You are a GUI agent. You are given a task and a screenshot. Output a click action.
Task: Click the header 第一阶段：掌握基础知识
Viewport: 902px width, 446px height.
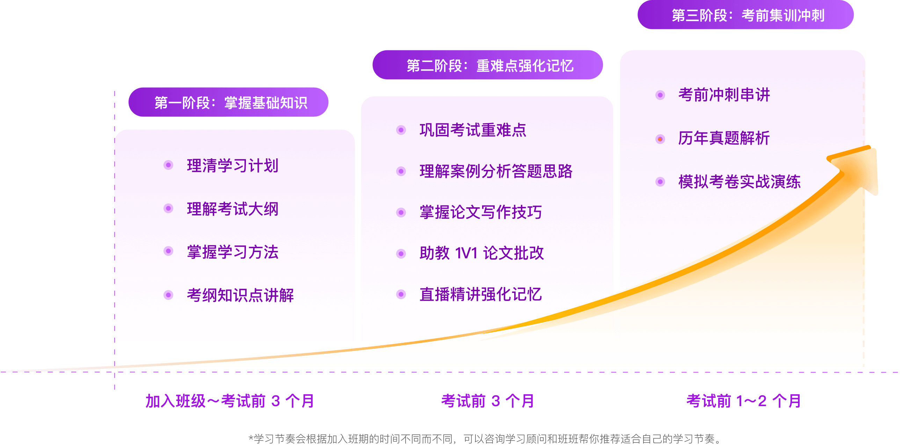(x=231, y=103)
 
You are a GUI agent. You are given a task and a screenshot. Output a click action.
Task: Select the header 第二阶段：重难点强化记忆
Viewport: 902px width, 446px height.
(x=490, y=65)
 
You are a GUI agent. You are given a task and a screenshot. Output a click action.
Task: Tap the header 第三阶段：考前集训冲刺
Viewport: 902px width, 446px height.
(x=748, y=15)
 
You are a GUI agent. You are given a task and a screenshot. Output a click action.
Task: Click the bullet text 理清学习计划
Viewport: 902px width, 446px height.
(x=233, y=165)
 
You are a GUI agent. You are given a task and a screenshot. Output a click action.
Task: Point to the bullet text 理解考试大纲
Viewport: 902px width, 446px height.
(x=233, y=209)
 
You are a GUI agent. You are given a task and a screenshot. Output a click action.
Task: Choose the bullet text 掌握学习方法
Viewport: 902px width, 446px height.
(x=233, y=252)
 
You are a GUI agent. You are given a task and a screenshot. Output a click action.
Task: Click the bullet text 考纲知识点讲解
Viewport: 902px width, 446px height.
(x=240, y=295)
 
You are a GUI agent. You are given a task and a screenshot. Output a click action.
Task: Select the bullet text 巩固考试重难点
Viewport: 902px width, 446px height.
(x=473, y=130)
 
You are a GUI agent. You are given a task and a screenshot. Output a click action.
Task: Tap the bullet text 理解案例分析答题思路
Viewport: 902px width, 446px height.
(x=496, y=171)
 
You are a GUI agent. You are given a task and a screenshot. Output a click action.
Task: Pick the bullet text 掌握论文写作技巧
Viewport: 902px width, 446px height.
(x=480, y=212)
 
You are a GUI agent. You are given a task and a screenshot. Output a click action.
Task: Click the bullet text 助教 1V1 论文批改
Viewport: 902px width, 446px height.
(x=481, y=253)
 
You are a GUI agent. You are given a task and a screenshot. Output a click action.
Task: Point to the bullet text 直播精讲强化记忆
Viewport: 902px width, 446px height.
(x=480, y=294)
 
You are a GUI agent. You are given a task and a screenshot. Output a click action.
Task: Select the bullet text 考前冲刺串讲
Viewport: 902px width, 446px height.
(x=724, y=95)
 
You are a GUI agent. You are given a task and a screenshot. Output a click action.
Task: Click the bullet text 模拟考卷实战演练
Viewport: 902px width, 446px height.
(x=739, y=182)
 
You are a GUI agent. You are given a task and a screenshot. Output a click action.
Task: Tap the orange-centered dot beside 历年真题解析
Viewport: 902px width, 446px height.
(x=660, y=139)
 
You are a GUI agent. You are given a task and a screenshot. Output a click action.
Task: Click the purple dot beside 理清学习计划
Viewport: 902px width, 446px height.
(x=168, y=165)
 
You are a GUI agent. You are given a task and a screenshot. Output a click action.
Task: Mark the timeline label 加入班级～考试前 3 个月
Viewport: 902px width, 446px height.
(x=230, y=401)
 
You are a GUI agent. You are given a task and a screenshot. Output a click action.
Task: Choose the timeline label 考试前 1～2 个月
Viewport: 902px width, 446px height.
(x=744, y=401)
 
